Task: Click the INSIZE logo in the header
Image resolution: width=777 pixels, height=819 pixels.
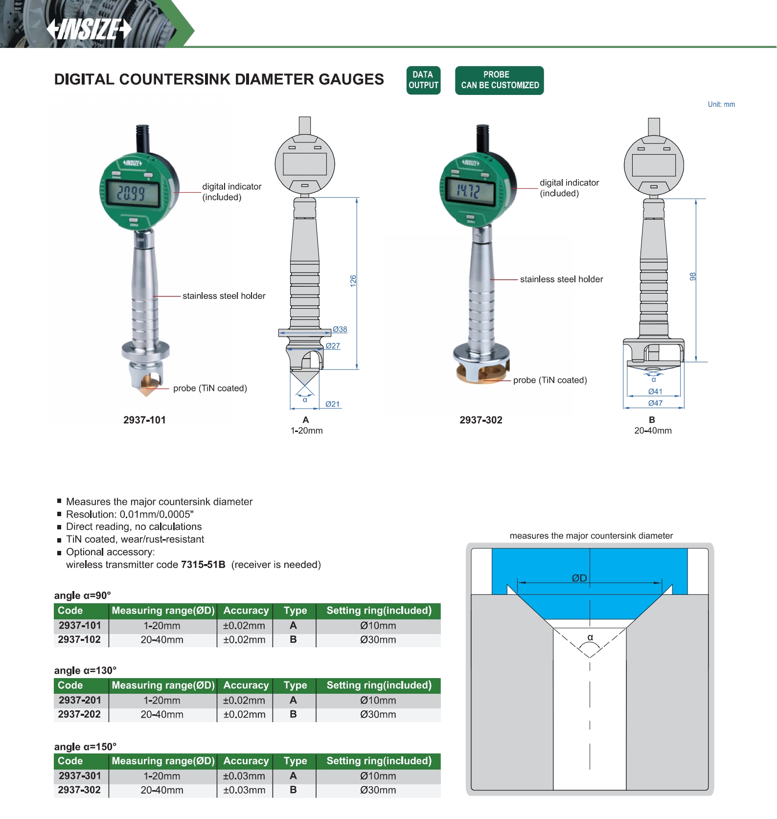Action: pos(89,29)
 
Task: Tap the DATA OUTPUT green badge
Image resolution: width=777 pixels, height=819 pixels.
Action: pos(423,80)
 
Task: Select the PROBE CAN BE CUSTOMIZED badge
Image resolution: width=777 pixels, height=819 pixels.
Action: pos(499,80)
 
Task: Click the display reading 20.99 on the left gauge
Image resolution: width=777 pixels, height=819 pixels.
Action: pos(131,193)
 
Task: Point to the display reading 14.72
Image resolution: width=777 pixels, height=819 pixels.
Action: pos(468,190)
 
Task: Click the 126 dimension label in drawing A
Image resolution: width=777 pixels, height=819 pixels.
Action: pos(353,281)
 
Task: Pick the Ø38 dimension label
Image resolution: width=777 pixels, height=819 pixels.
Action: pos(340,329)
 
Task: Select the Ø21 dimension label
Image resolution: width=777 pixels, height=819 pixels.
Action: pos(333,404)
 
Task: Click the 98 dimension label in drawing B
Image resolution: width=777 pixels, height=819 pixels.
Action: pos(692,276)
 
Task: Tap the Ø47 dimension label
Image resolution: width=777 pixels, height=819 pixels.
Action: pos(655,403)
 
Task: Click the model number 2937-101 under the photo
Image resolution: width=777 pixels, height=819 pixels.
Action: pos(144,420)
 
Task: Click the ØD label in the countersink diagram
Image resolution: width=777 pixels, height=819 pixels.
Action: pos(579,578)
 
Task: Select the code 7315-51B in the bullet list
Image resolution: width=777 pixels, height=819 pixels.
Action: pos(203,565)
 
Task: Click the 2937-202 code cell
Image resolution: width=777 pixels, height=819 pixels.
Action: pos(79,714)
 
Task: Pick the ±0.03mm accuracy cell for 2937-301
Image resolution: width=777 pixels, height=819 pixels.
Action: pos(244,776)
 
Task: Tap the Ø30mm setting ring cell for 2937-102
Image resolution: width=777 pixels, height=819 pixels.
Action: pos(378,639)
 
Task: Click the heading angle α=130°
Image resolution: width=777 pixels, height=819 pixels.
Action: pos(86,670)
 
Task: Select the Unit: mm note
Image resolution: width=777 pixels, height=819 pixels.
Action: pos(721,104)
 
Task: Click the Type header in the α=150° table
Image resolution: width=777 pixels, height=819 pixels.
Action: pos(295,761)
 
